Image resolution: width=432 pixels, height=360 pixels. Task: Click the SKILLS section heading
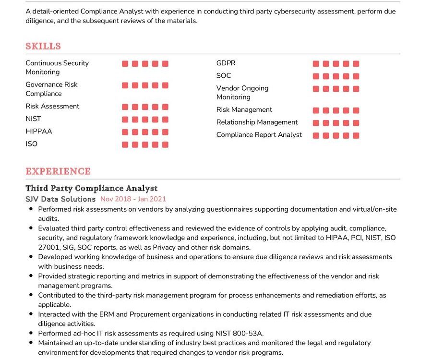(x=43, y=46)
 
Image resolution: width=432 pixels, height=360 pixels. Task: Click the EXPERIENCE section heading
(x=58, y=171)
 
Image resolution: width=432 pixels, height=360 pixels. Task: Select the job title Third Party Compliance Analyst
(x=91, y=188)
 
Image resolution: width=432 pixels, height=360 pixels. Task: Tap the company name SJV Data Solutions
(x=60, y=199)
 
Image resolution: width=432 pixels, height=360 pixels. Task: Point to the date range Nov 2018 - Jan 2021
(x=133, y=199)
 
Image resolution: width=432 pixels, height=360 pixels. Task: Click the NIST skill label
(x=34, y=119)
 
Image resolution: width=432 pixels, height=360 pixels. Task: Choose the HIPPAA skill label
(x=39, y=131)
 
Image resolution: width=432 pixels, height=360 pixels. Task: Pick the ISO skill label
(x=32, y=144)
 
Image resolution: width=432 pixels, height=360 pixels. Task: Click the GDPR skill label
(x=226, y=63)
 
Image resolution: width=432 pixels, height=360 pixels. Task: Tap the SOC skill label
(x=224, y=75)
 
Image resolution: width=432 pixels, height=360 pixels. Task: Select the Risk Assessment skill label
(x=52, y=106)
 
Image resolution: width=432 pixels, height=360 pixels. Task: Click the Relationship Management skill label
(x=257, y=122)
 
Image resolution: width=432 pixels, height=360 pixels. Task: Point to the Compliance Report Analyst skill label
(x=259, y=134)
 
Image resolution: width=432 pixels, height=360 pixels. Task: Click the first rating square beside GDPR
(x=316, y=64)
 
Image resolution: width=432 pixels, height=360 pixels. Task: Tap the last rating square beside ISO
(x=165, y=144)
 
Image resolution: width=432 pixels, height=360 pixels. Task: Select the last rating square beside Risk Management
(x=356, y=110)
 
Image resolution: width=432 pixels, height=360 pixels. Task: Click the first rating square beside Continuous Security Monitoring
(x=125, y=64)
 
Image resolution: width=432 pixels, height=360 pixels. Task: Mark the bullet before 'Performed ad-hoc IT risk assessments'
(x=31, y=333)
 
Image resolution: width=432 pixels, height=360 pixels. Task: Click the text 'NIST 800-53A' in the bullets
(x=243, y=333)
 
